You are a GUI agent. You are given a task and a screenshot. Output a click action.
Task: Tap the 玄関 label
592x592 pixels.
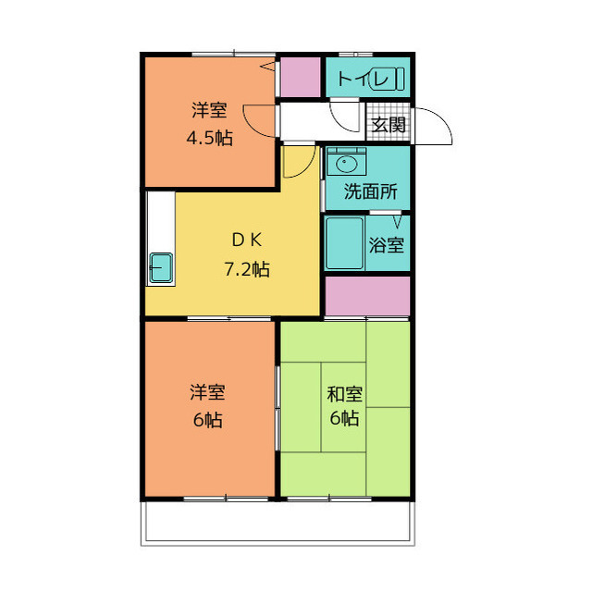(388, 125)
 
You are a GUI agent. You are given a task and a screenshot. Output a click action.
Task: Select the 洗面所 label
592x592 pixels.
(370, 192)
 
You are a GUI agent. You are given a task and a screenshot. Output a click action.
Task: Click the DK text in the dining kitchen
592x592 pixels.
(246, 240)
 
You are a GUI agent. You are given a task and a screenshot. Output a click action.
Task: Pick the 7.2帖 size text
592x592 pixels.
(246, 270)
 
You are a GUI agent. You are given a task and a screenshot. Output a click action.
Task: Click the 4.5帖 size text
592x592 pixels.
(210, 140)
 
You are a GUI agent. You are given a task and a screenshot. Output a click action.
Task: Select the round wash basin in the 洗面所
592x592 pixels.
(346, 165)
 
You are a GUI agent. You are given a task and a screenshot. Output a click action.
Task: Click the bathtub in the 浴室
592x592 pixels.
(344, 243)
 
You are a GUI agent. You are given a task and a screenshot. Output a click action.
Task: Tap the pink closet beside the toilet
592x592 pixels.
(297, 78)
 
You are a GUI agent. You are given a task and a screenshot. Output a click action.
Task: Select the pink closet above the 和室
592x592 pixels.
(367, 295)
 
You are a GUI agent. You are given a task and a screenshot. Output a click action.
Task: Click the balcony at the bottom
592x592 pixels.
(277, 525)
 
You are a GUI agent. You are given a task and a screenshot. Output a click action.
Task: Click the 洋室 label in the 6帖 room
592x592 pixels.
(208, 393)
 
